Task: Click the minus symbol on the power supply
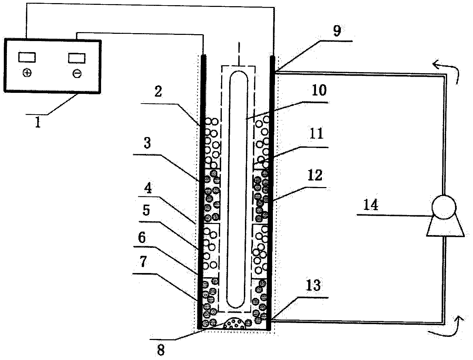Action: click(x=77, y=74)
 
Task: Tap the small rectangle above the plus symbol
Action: click(x=27, y=57)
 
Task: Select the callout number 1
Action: click(x=38, y=123)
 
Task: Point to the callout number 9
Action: click(x=337, y=31)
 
